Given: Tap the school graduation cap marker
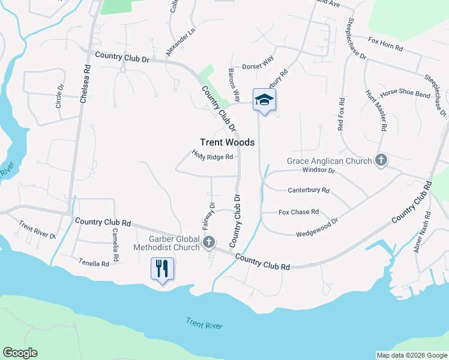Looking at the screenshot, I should point(264,100).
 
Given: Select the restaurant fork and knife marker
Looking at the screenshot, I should point(162,268).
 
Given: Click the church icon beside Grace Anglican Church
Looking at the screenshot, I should point(381,160).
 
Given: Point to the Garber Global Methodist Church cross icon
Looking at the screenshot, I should point(209,242).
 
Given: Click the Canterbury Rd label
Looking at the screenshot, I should point(309,190).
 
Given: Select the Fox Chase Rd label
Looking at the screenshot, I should point(298,212).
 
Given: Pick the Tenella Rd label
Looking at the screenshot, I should point(94,263).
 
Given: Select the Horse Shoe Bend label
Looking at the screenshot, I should point(405,94).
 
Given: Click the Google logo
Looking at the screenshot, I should point(20,353).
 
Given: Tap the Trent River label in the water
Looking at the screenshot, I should point(204,325).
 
